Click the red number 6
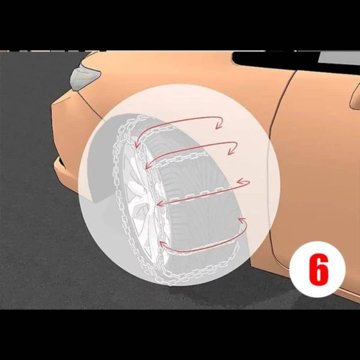tap(319, 269)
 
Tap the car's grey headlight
tap(85, 77)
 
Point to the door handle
tap(355, 97)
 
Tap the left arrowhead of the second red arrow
tap(149, 165)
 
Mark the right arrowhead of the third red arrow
tap(243, 182)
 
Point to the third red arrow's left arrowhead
tap(161, 203)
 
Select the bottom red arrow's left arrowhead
tap(163, 244)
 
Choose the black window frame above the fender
tap(275, 59)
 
